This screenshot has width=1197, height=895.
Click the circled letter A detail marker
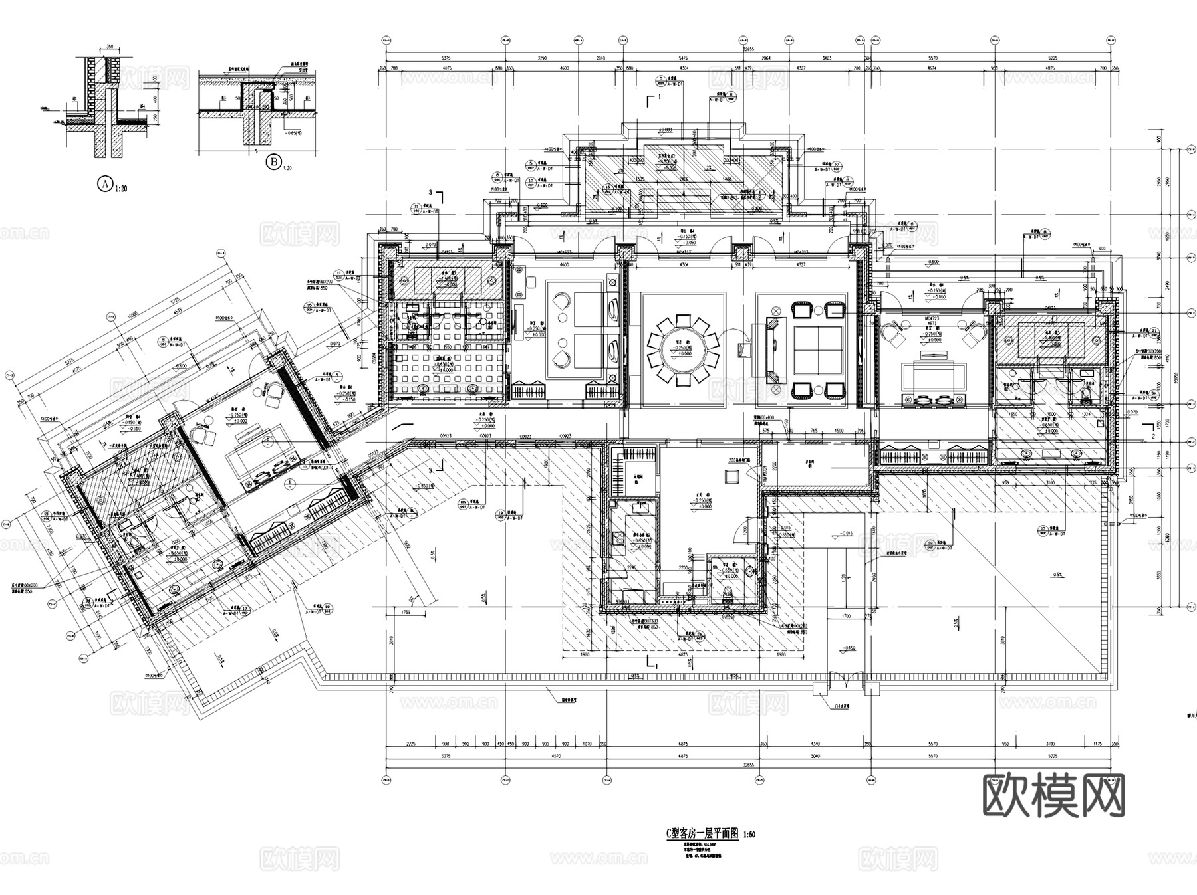104,184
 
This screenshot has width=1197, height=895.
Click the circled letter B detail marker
273,161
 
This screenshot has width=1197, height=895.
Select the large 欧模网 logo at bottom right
1054,795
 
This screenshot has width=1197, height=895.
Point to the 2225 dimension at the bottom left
410,745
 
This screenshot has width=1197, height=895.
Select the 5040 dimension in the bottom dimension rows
815,756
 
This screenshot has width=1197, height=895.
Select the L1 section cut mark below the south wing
650,662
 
